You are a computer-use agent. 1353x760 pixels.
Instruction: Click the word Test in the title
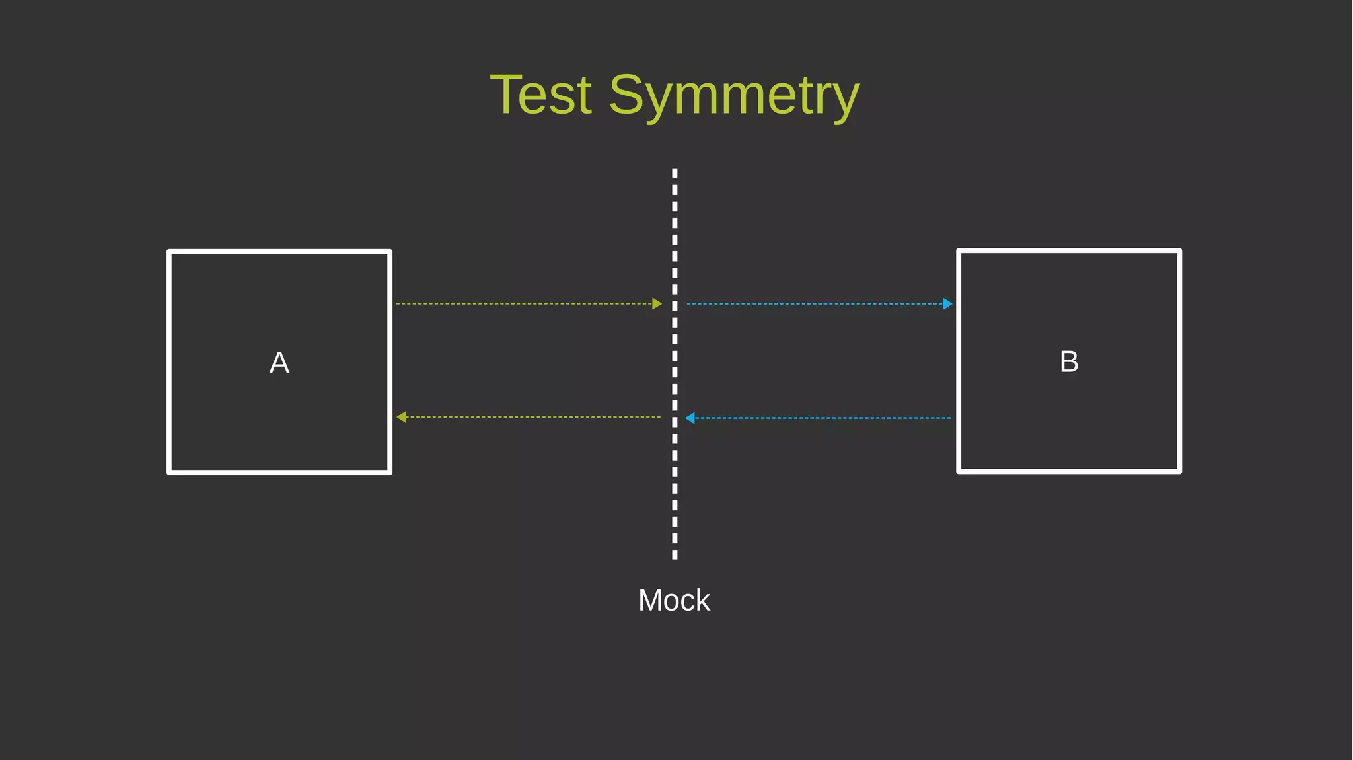(x=540, y=95)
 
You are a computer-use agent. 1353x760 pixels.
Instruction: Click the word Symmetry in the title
(x=733, y=96)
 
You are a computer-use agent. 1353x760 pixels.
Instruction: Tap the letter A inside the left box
(x=279, y=363)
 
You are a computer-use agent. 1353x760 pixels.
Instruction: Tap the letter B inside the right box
(x=1069, y=361)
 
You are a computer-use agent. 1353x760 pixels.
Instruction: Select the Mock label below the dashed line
(x=674, y=600)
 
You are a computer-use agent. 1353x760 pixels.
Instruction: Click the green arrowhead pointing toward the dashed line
(x=657, y=303)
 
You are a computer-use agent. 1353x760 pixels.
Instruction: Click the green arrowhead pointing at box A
(x=401, y=417)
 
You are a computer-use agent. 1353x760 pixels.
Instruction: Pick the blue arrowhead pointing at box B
(x=947, y=304)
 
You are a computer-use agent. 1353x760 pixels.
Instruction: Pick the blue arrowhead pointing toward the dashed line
(x=690, y=418)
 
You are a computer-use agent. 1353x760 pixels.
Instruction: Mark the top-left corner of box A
(x=170, y=252)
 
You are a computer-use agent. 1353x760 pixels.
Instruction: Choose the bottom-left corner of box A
(x=170, y=472)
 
